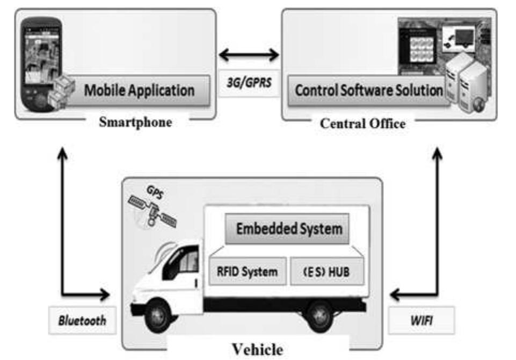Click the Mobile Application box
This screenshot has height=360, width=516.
139,90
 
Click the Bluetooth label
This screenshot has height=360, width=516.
82,320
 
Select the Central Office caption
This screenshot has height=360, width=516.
362,123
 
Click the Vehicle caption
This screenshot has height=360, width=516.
257,350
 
